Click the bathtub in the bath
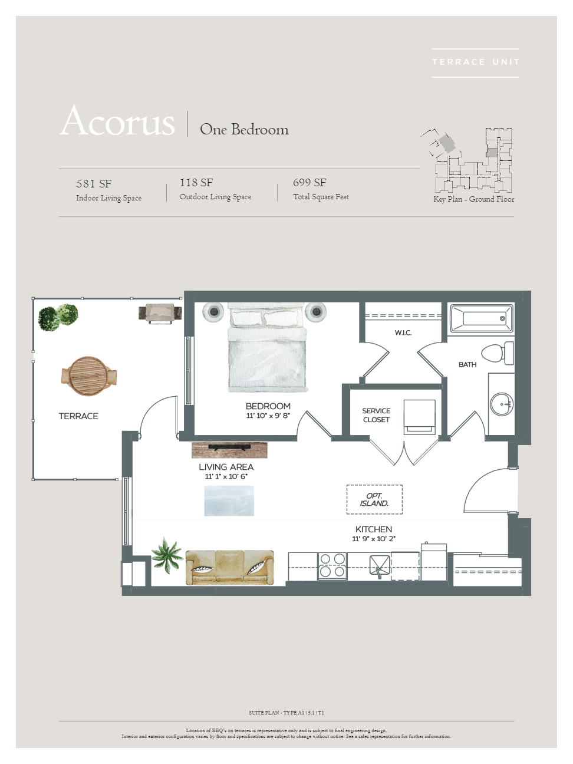pos(482,318)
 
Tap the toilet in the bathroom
pos(498,353)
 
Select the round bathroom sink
pos(501,404)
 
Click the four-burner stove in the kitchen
pos(332,565)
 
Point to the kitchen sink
pos(380,567)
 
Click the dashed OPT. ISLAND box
pos(374,499)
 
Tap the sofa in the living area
pos(230,567)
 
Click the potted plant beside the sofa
pos(167,555)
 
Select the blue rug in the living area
pos(229,500)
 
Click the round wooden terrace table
pos(88,376)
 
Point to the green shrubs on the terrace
pos(58,317)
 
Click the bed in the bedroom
pos(267,347)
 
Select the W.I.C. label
pos(403,332)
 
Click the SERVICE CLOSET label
pos(376,415)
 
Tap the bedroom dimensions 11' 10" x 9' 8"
pos(268,416)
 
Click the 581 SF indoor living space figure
pos(94,183)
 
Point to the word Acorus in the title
pos(117,121)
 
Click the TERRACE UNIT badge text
pos(475,62)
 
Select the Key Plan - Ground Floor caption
pos(473,199)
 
